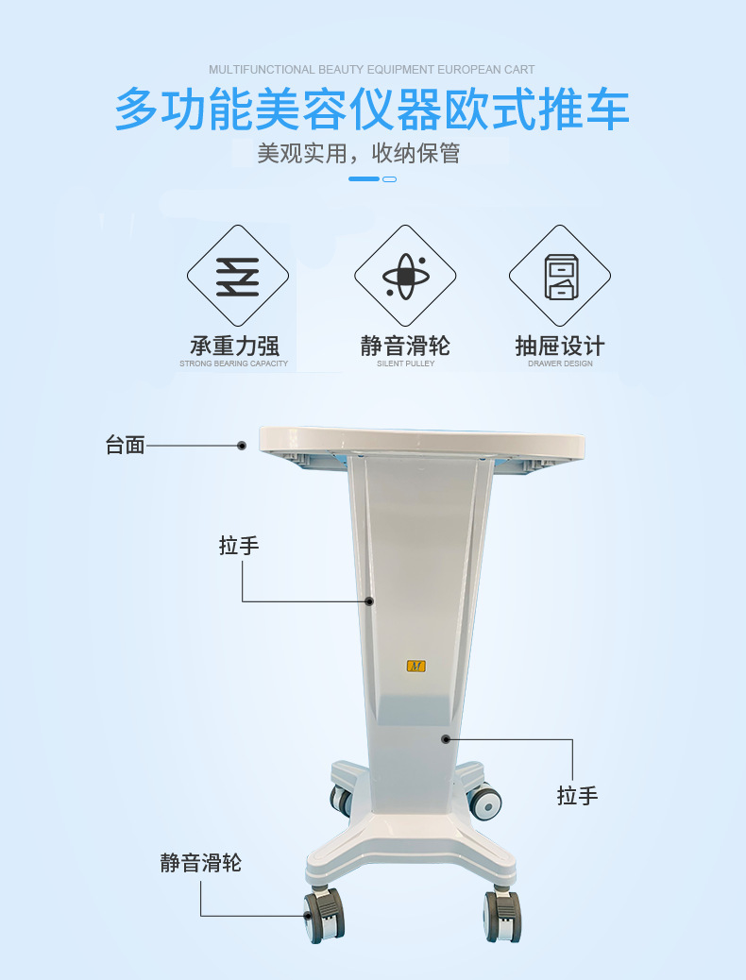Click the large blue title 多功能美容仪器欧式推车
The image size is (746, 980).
tap(372, 110)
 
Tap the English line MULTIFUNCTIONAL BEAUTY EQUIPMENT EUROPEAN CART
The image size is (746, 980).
tap(372, 70)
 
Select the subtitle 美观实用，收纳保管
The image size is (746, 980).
tap(359, 153)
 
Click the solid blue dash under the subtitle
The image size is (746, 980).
tap(364, 178)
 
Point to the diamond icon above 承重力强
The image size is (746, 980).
tap(237, 276)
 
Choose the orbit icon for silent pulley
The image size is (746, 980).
tap(405, 276)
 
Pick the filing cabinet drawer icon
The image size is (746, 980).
tap(560, 276)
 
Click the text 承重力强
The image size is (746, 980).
tap(234, 346)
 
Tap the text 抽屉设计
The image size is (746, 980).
tap(560, 346)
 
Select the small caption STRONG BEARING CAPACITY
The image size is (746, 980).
tap(234, 363)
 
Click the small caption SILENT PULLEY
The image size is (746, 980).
tap(405, 363)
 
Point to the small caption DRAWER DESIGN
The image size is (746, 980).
tap(560, 363)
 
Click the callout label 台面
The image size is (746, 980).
tap(125, 446)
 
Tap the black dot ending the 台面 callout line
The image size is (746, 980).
tap(242, 446)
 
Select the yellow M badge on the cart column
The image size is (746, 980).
tap(415, 666)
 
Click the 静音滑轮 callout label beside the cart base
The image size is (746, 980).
tap(200, 863)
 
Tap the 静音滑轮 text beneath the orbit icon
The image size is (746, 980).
tap(405, 346)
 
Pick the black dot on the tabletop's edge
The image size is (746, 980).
tap(242, 446)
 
